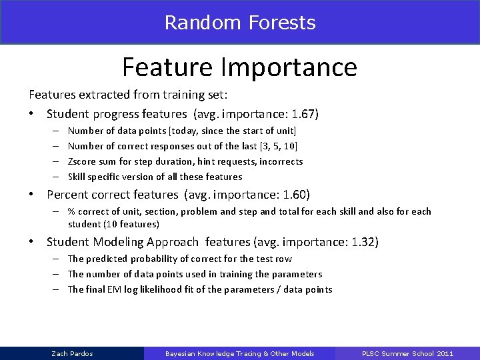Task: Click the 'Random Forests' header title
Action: point(239,23)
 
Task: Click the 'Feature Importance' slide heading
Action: point(239,67)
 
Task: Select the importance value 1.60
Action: point(295,195)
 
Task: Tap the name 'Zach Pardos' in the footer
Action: point(72,353)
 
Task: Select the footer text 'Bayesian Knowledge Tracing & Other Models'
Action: point(239,353)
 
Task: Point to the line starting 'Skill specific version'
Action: point(155,177)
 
